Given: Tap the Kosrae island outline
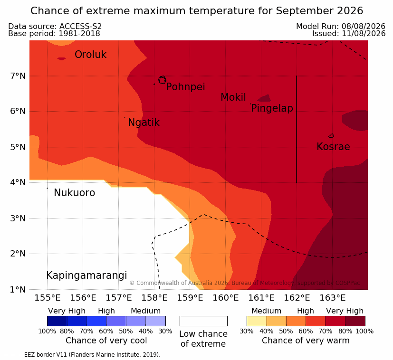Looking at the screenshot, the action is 331,136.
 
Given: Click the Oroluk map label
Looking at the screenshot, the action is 90,55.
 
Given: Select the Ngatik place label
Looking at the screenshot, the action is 144,123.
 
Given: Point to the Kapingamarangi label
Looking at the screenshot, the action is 86,275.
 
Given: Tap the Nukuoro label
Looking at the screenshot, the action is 75,193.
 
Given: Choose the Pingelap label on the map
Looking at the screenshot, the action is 272,108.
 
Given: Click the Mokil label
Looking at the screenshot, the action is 233,97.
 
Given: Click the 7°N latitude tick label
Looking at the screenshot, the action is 18,76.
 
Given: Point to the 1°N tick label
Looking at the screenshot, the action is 18,290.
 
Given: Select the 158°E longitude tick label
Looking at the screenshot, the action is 154,298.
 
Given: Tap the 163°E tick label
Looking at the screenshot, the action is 333,298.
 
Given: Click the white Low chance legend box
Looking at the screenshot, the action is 203,321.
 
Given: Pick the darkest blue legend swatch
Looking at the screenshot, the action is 57,321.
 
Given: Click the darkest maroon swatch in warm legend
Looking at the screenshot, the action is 355,321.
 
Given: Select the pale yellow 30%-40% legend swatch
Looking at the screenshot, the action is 257,321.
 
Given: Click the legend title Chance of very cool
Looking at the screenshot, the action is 106,341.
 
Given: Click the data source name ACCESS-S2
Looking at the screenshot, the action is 80,26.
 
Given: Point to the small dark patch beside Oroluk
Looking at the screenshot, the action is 61,59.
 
